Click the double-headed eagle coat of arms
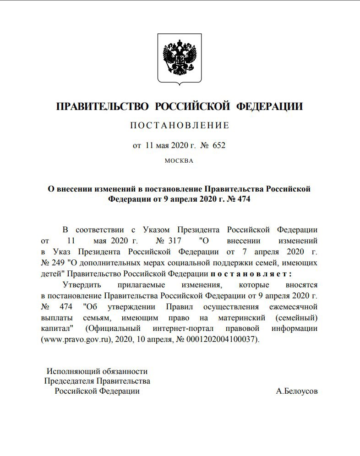pyautogui.click(x=180, y=58)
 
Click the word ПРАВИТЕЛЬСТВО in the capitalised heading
pyautogui.click(x=103, y=107)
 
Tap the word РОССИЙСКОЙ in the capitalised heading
pyautogui.click(x=192, y=107)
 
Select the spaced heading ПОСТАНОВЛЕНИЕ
pyautogui.click(x=180, y=125)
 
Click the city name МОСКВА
pyautogui.click(x=179, y=161)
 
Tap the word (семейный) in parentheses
pyautogui.click(x=297, y=318)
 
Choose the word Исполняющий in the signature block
pyautogui.click(x=71, y=372)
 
